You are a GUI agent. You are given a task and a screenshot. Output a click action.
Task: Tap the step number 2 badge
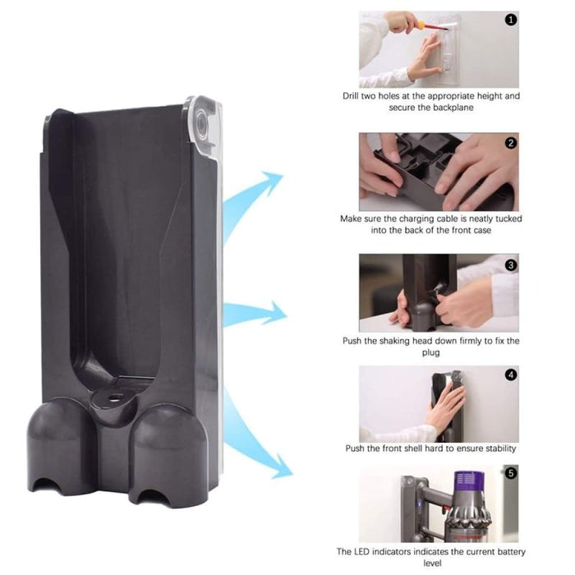tap(512, 143)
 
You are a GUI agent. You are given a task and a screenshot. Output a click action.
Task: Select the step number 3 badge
tap(511, 264)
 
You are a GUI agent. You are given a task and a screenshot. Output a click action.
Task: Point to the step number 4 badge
tap(511, 375)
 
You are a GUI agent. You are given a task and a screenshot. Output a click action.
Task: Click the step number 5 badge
tap(511, 473)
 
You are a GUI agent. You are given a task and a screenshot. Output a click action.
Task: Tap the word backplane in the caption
tap(461, 108)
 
